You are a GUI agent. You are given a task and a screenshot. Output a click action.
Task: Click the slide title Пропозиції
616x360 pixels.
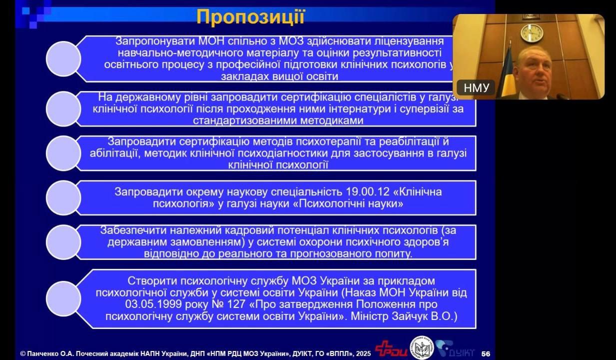coord(250,17)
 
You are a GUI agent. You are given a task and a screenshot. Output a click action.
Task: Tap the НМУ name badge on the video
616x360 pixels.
coord(476,88)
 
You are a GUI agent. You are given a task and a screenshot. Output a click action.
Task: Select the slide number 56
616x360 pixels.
coord(486,353)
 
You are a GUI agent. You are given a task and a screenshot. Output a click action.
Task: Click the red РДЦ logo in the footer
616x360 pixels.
coord(391,348)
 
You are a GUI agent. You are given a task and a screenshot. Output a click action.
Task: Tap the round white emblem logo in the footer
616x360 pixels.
coord(422,348)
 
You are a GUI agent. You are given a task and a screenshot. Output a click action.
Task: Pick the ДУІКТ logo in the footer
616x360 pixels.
coord(455,349)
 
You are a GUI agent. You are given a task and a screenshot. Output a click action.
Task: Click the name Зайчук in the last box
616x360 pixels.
coord(407,316)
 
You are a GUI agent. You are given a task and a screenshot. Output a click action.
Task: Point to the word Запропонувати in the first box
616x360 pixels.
coord(155,41)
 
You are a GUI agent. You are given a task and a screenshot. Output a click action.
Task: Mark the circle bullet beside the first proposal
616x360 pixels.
coord(63,59)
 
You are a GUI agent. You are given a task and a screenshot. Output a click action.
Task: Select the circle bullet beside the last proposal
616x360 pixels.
coord(63,299)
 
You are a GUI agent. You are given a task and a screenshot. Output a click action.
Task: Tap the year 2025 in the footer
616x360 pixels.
coord(363,353)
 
